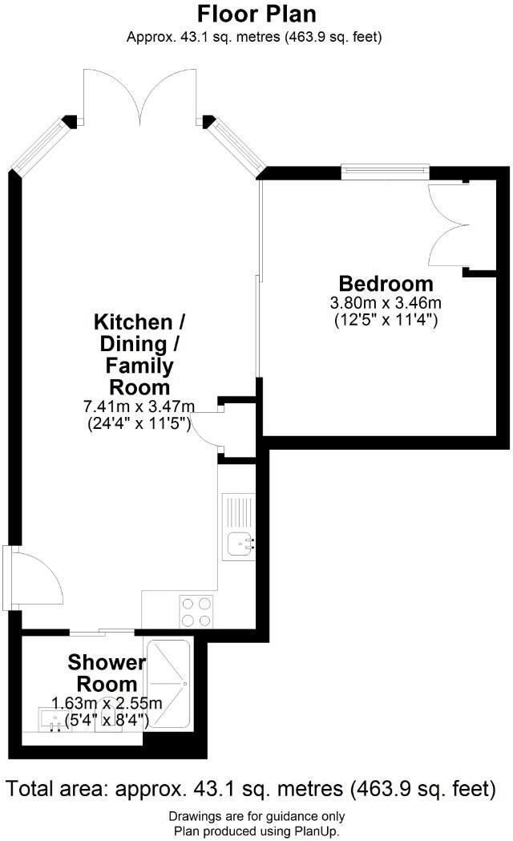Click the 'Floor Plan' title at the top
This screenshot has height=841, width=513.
pos(256,14)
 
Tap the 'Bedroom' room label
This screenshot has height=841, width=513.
pos(386,284)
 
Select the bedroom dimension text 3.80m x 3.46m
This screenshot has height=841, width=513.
pos(386,303)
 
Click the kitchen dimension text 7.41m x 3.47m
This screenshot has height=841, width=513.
pos(139,406)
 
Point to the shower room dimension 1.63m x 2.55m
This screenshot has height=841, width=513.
pos(107,704)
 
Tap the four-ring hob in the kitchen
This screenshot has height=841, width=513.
pos(196,613)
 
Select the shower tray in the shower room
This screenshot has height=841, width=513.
pos(169,684)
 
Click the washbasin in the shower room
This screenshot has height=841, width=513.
pos(55,720)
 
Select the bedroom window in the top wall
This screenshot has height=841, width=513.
pos(385,169)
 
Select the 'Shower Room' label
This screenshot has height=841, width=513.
pos(107,673)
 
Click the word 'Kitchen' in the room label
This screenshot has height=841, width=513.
pos(133,322)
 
